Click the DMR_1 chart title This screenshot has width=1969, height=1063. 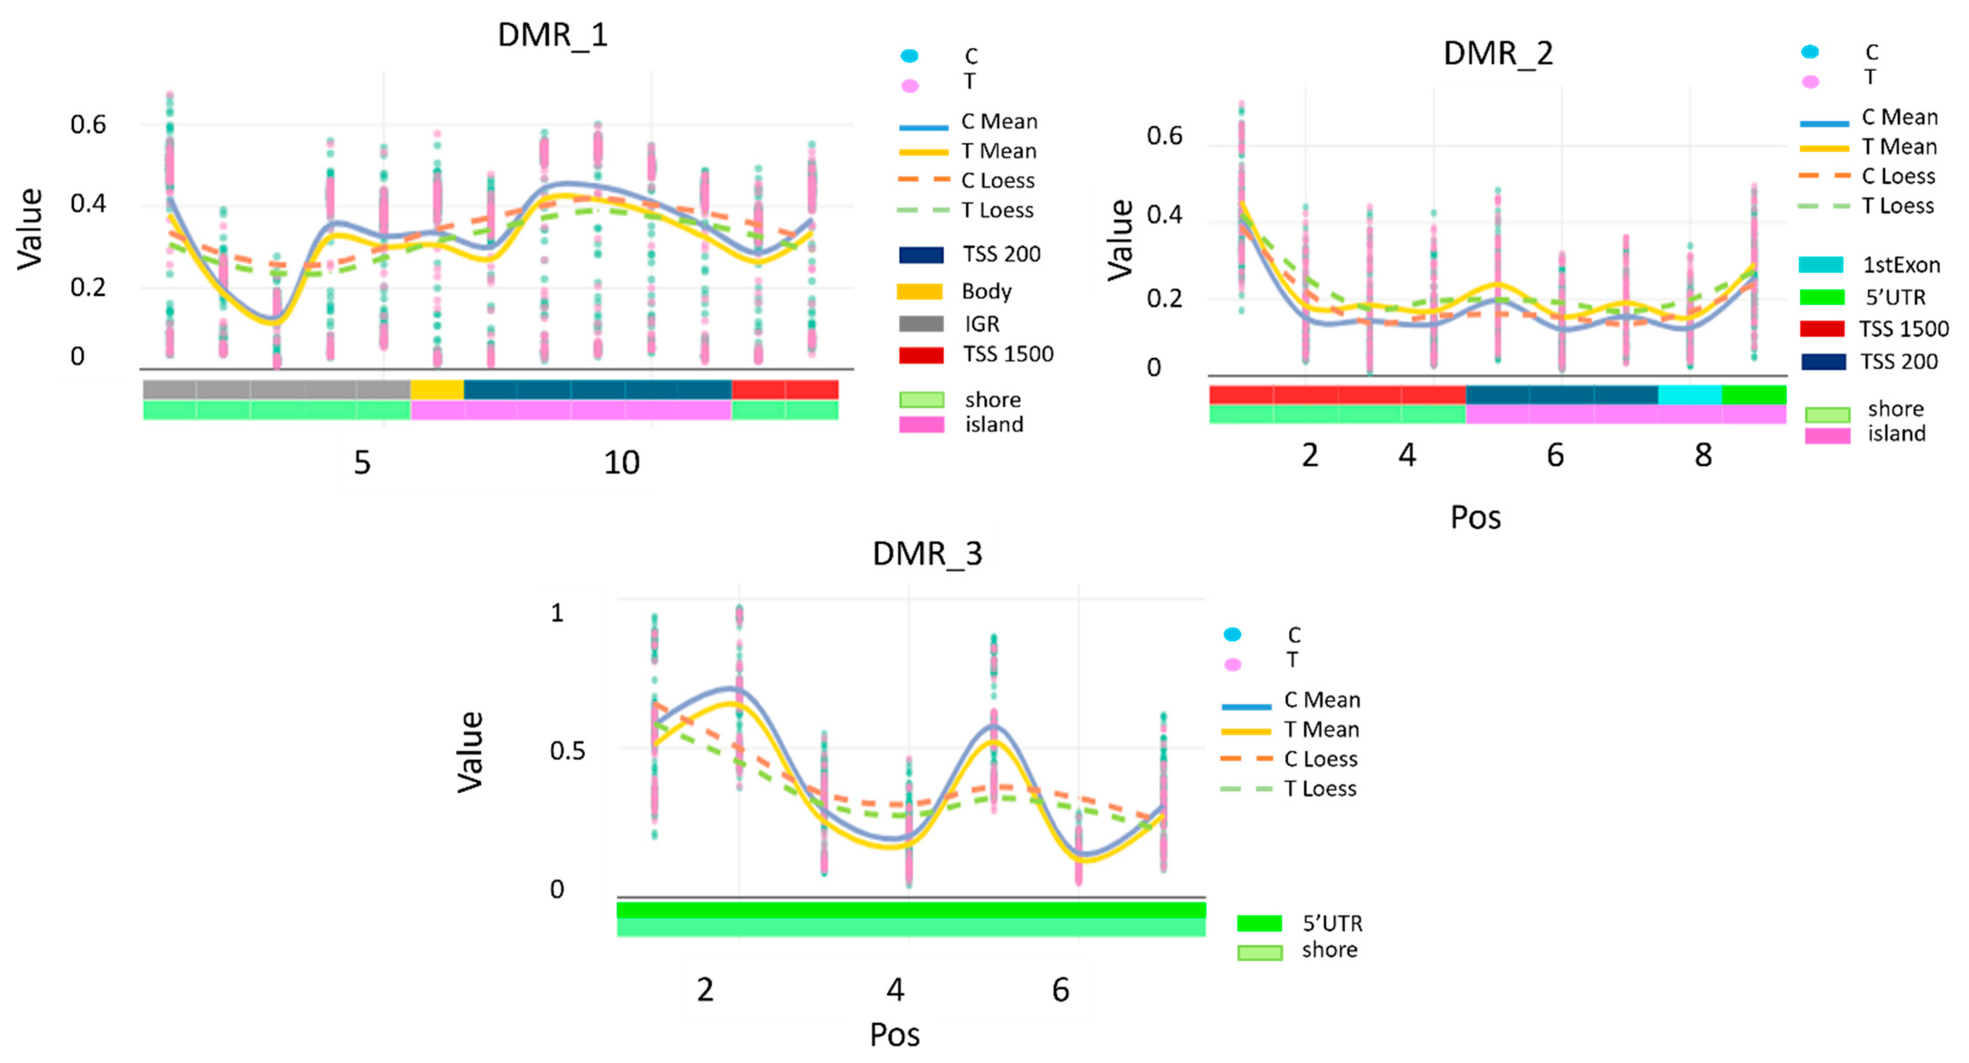pyautogui.click(x=553, y=35)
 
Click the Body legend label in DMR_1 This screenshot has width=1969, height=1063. pyautogui.click(x=986, y=291)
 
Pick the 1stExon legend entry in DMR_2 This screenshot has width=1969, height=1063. pyautogui.click(x=1901, y=265)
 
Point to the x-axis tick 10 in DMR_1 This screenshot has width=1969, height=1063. pyautogui.click(x=622, y=463)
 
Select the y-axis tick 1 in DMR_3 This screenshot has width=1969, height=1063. pyautogui.click(x=557, y=613)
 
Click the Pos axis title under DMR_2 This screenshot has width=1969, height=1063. pyautogui.click(x=1475, y=517)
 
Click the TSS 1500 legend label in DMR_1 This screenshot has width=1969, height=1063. pyautogui.click(x=1007, y=354)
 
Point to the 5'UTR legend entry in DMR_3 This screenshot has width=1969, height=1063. pyautogui.click(x=1332, y=923)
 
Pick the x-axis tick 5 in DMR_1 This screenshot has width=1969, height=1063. pyautogui.click(x=361, y=463)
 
